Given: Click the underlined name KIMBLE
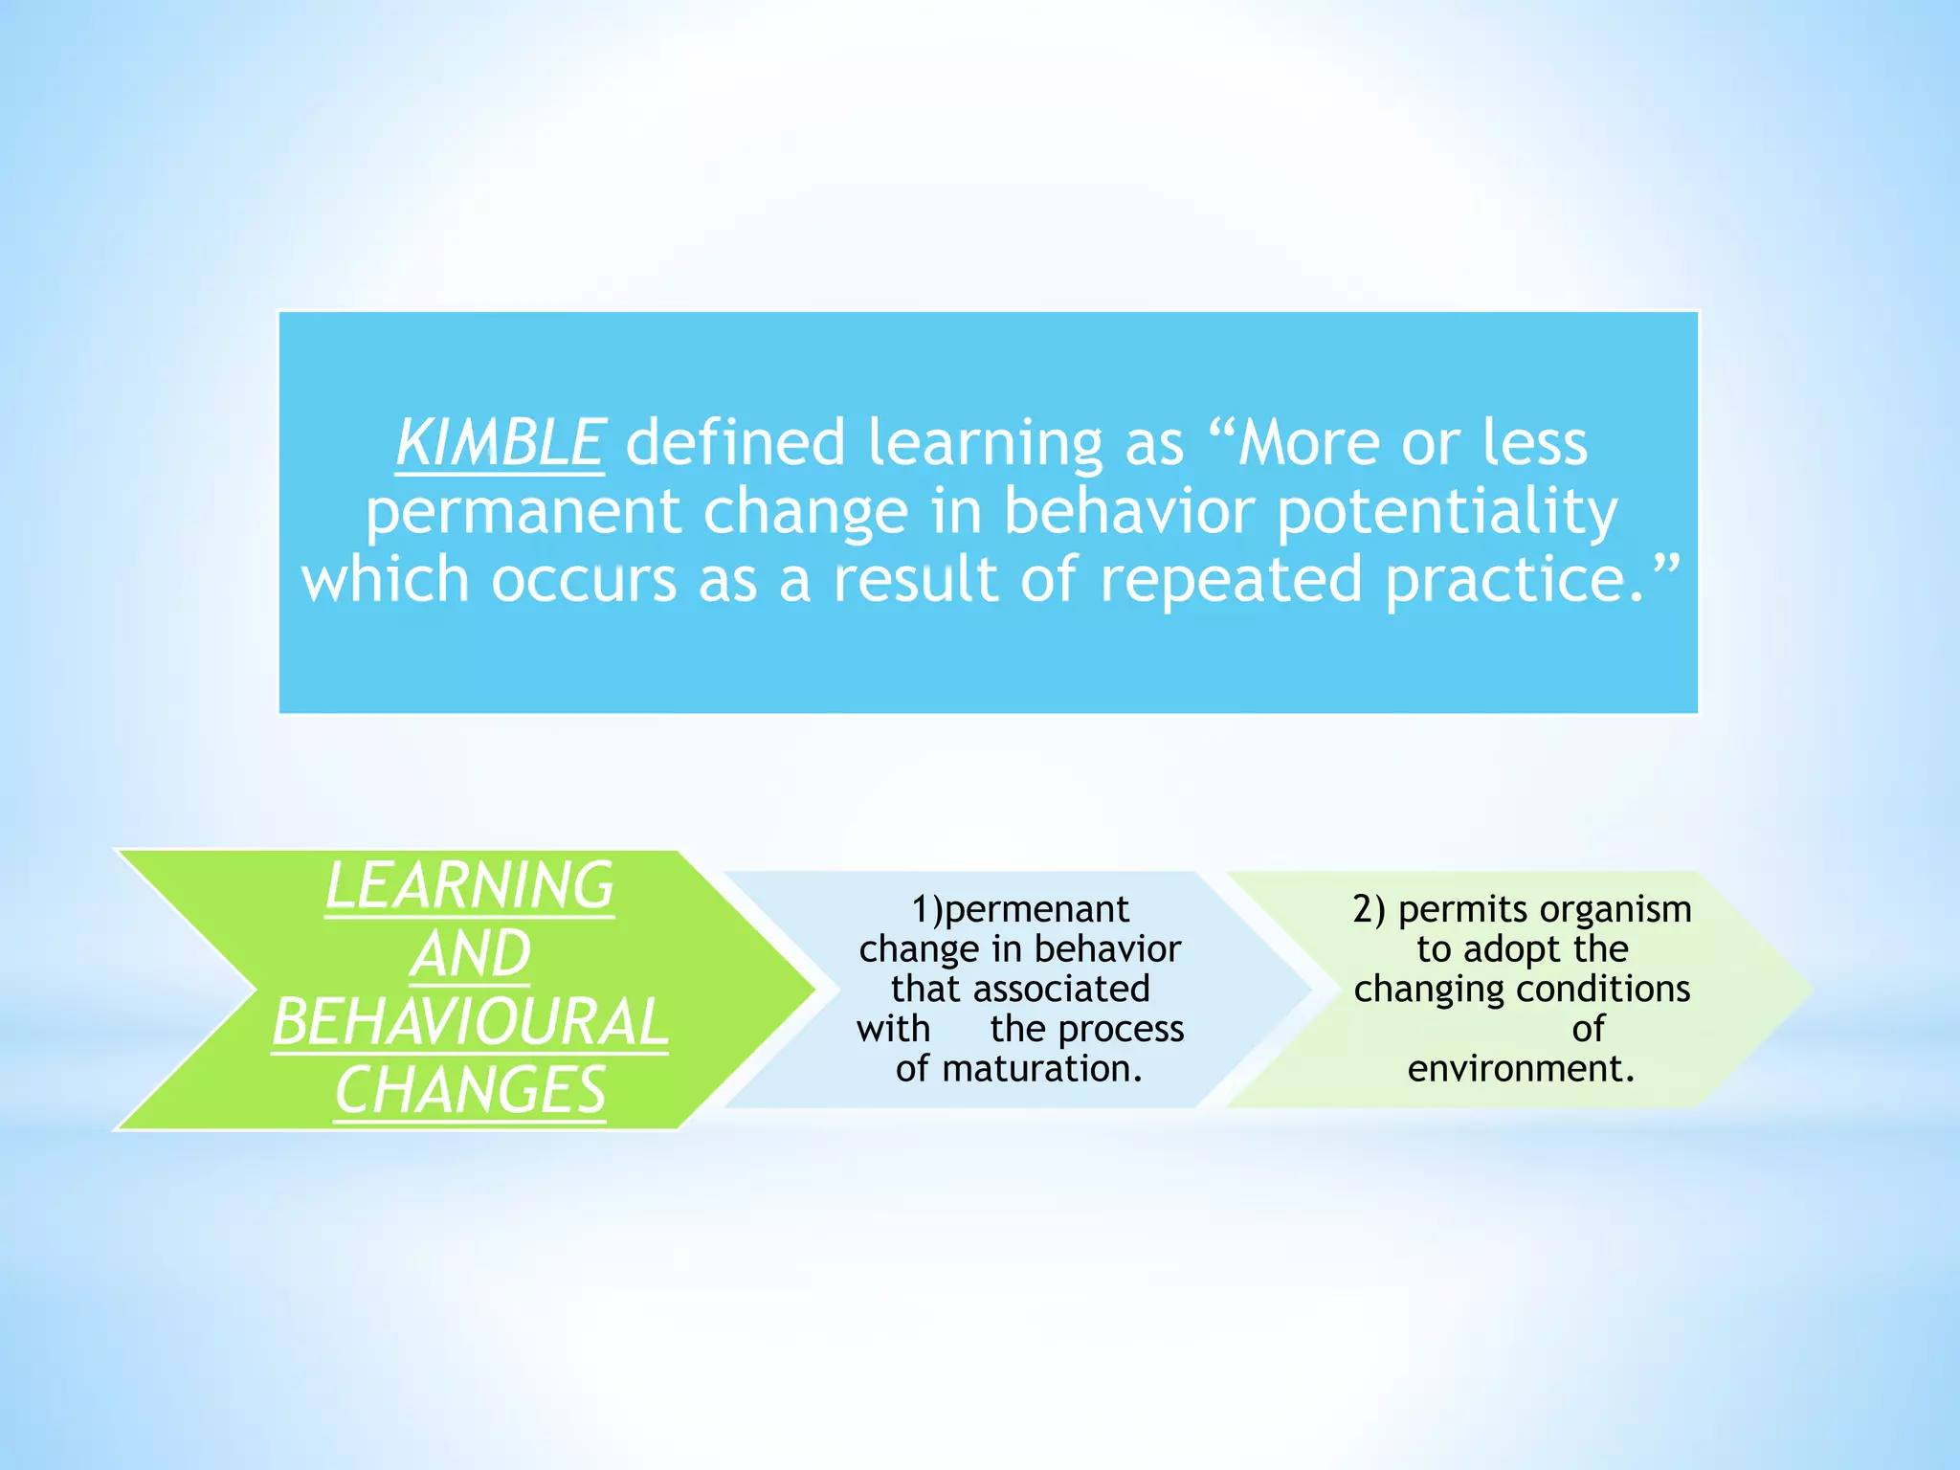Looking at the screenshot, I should (500, 443).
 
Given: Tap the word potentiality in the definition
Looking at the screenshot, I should (1447, 512).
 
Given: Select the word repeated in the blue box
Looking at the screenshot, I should (1231, 580).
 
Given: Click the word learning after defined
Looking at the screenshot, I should (985, 443).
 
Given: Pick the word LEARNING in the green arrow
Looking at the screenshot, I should (469, 885).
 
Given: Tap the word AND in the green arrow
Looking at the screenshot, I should (470, 954).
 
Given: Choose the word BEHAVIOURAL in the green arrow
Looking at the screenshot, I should (470, 1022).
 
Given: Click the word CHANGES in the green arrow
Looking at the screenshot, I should (470, 1090).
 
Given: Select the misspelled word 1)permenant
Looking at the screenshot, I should (1020, 909).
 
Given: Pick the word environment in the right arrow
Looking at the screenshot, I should (1521, 1068).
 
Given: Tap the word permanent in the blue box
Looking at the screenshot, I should (523, 512).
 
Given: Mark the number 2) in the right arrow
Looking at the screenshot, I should (1369, 909).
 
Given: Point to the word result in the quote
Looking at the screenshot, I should (915, 580).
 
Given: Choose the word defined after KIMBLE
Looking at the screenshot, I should (735, 443).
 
